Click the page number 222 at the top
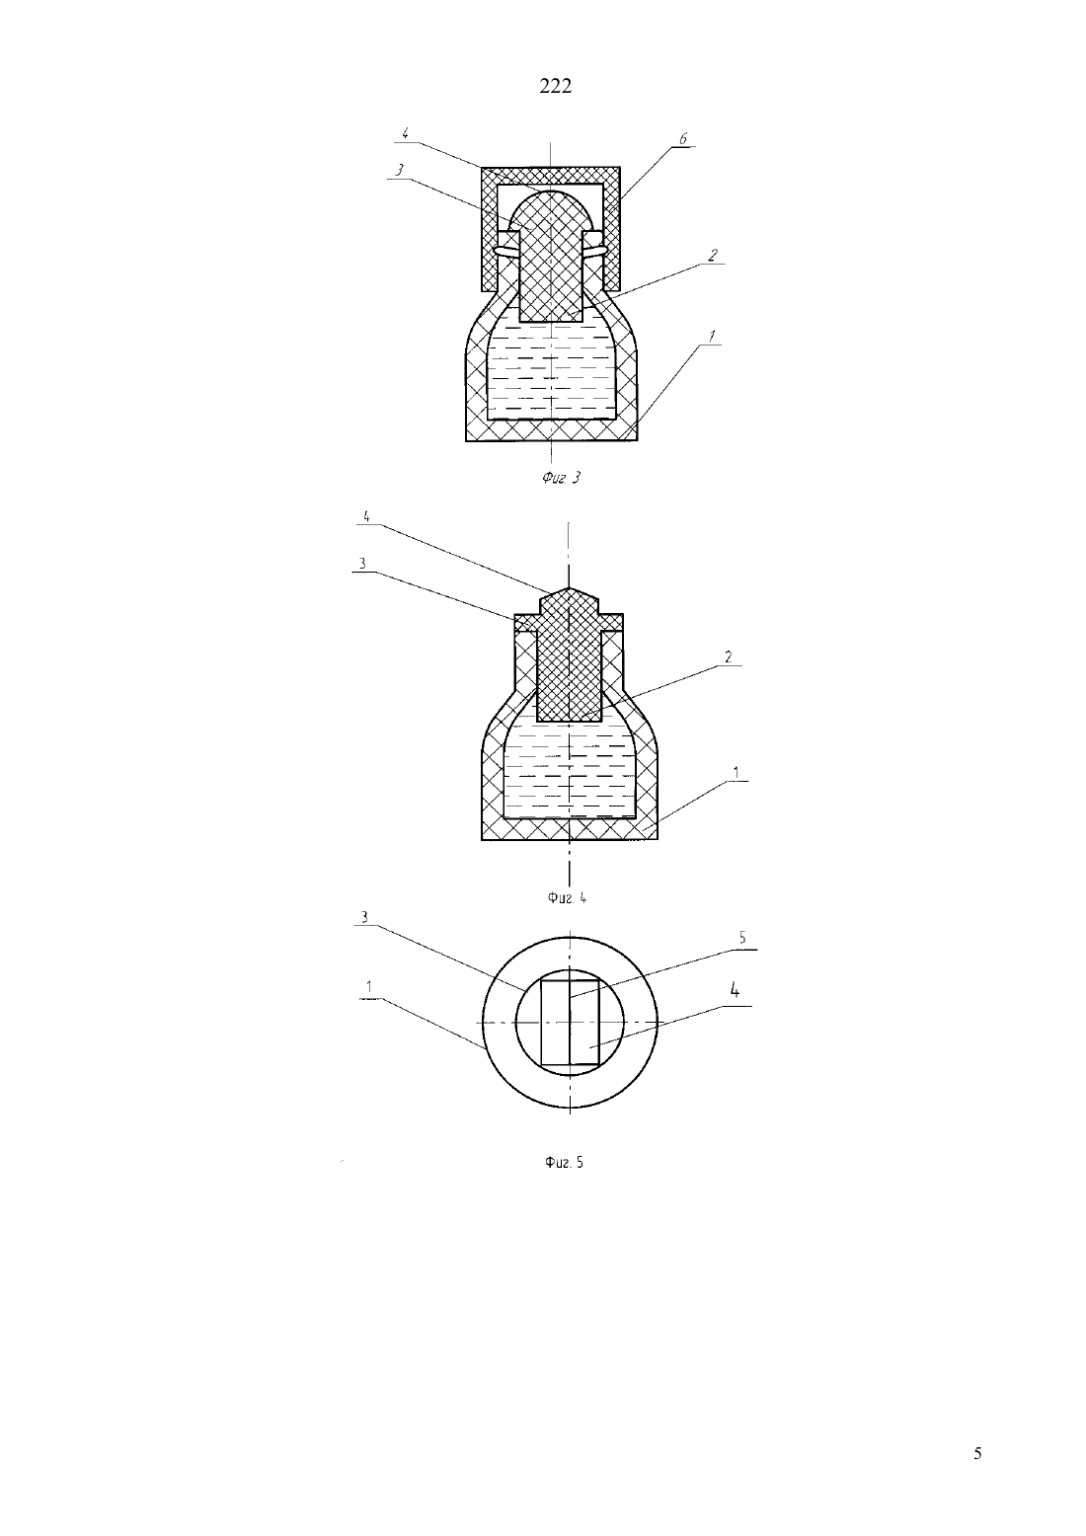coord(555,86)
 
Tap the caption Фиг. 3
coord(561,477)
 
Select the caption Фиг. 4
coord(567,897)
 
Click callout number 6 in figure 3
coord(683,139)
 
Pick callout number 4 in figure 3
coord(405,133)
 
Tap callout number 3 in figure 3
coord(399,170)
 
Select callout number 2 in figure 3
coord(713,255)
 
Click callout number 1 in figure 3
coord(712,336)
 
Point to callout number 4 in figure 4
coord(366,517)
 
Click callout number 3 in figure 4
coord(362,564)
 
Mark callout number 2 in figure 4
coord(729,656)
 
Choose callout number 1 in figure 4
coord(737,773)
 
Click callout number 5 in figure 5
coord(741,938)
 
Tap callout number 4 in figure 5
coord(735,990)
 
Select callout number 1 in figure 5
coord(369,986)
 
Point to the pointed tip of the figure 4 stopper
coord(569,589)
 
